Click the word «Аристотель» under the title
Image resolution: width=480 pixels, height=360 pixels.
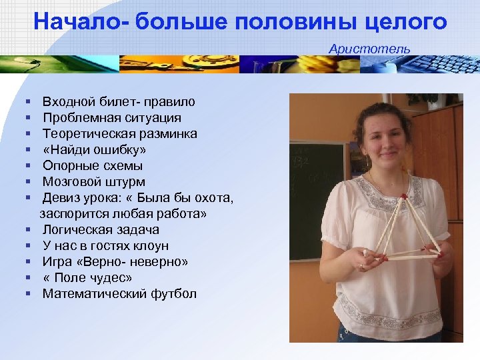369,49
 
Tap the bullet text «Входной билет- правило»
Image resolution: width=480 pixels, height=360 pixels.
119,102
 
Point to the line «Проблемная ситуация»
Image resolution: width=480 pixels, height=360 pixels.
111,118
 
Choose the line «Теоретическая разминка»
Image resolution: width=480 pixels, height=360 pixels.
119,134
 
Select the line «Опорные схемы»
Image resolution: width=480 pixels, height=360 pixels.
93,166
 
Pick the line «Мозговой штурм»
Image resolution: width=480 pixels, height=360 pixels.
94,182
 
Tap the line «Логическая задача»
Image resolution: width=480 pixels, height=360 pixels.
101,230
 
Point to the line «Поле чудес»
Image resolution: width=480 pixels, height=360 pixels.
87,278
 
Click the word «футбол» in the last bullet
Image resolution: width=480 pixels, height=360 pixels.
175,294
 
